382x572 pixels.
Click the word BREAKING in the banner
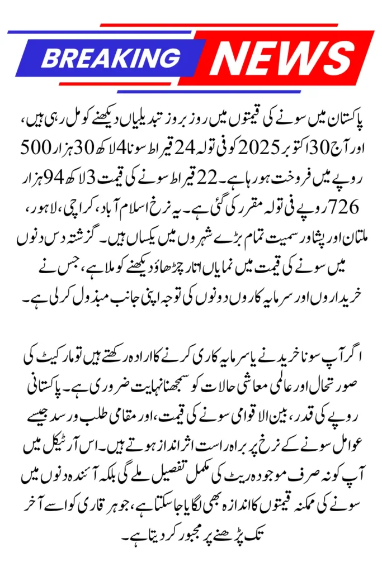[x=111, y=58]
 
